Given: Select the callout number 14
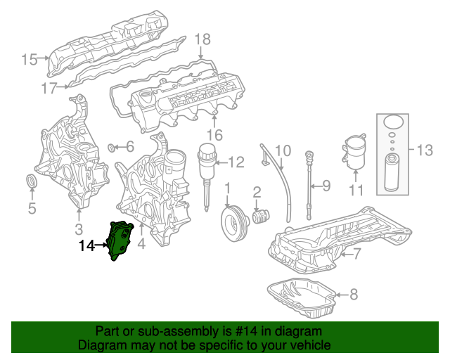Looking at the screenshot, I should pos(86,245).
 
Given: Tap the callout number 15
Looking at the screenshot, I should pos(29,60).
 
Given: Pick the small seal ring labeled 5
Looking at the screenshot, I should pos(32,183).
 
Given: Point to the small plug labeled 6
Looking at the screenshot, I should pos(111,148).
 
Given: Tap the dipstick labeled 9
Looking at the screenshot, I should pos(310,184).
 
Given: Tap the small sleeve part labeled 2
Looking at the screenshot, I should pos(261,214).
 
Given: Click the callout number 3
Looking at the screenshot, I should pos(79,228).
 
